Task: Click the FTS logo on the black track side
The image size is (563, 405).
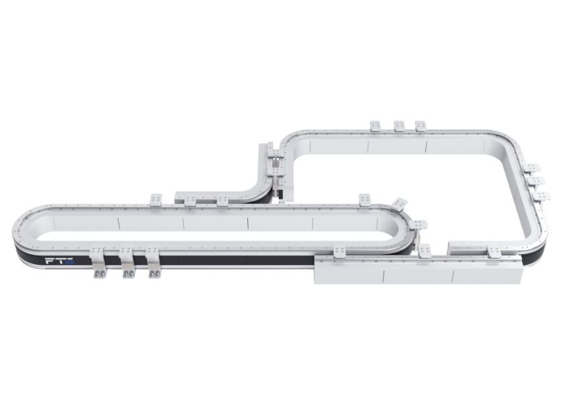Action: (x=60, y=261)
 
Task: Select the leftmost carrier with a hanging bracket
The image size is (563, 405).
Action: (x=97, y=261)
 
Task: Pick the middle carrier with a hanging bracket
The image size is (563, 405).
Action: (x=127, y=261)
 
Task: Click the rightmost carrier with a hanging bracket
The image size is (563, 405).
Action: (x=153, y=261)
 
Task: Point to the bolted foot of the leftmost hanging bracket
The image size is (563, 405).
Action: (x=98, y=274)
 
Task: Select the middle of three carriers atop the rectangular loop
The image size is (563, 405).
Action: (x=400, y=126)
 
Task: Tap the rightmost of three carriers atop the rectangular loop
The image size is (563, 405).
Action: (x=422, y=126)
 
